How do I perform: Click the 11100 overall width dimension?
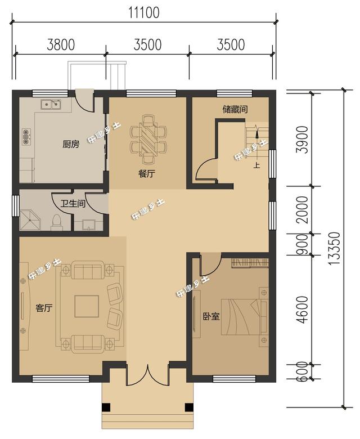(144, 13)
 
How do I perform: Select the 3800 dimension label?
(61, 45)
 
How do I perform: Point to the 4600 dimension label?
(302, 310)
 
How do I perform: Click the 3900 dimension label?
(302, 140)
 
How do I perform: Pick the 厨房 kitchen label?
(71, 145)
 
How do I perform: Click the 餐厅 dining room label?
(147, 174)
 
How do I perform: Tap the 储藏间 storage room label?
(235, 109)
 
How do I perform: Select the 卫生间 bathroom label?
(73, 203)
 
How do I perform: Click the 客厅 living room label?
(44, 308)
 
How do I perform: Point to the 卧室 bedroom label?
(211, 317)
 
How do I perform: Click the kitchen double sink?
(51, 104)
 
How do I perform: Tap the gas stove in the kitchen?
(26, 136)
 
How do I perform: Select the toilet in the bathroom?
(56, 222)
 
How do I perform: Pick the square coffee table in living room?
(87, 306)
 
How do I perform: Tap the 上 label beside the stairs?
(256, 165)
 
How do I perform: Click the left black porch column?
(106, 407)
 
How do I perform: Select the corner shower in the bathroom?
(30, 220)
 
